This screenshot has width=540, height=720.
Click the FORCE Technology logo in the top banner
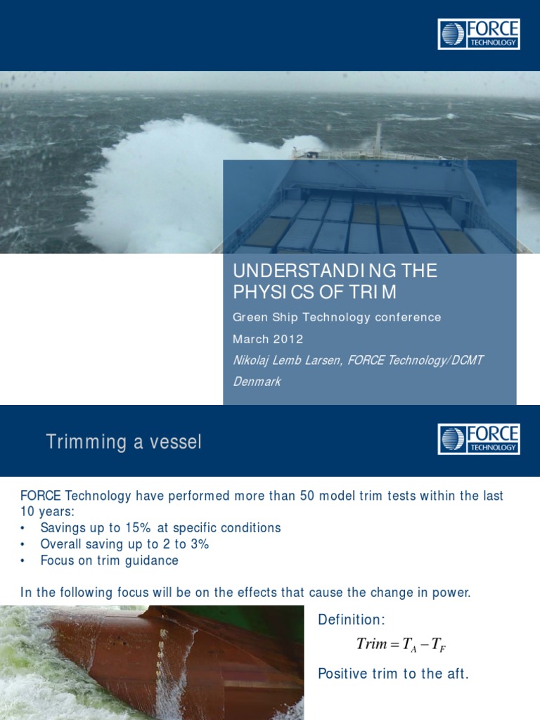pos(479,34)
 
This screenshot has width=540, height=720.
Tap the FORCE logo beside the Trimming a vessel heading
pos(479,439)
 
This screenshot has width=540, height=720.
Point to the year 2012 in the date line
pos(289,339)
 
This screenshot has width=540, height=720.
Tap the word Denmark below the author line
pos(257,382)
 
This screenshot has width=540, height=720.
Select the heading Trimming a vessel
pos(124,442)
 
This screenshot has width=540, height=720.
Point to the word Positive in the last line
pos(342,674)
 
